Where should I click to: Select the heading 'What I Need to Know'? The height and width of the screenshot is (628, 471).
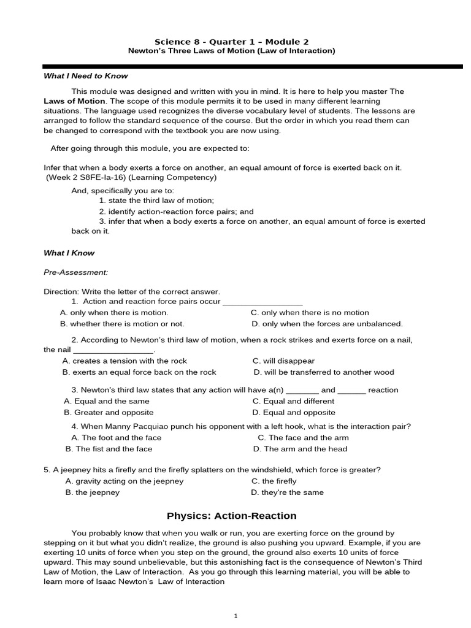pyautogui.click(x=86, y=76)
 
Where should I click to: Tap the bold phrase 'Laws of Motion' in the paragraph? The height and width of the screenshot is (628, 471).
pyautogui.click(x=74, y=101)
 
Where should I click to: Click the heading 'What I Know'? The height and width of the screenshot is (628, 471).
pyautogui.click(x=69, y=253)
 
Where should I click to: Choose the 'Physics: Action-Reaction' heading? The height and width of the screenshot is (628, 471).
pyautogui.click(x=231, y=516)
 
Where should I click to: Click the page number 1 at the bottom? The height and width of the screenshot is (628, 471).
pyautogui.click(x=235, y=616)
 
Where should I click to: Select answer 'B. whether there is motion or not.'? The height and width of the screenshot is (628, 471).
pyautogui.click(x=122, y=324)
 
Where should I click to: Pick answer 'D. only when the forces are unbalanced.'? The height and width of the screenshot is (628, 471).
pyautogui.click(x=327, y=324)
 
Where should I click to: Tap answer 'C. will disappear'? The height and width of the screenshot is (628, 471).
pyautogui.click(x=283, y=361)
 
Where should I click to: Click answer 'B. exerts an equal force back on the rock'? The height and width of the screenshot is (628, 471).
pyautogui.click(x=139, y=372)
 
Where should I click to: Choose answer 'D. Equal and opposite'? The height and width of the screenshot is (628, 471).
pyautogui.click(x=294, y=412)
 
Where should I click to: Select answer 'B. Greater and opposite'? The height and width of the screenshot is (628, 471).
pyautogui.click(x=109, y=412)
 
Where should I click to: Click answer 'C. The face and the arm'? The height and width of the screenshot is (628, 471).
pyautogui.click(x=303, y=437)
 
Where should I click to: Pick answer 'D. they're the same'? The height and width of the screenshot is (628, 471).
pyautogui.click(x=287, y=492)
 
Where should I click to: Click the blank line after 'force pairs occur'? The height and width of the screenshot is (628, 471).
pyautogui.click(x=262, y=302)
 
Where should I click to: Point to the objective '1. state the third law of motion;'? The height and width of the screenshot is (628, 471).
pyautogui.click(x=156, y=201)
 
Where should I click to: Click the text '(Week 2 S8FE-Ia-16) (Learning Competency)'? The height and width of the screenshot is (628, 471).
pyautogui.click(x=131, y=177)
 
